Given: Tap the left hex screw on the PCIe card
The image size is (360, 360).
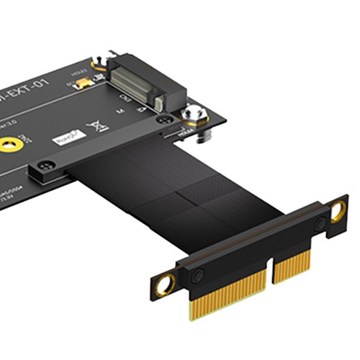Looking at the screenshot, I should click(x=197, y=274).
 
